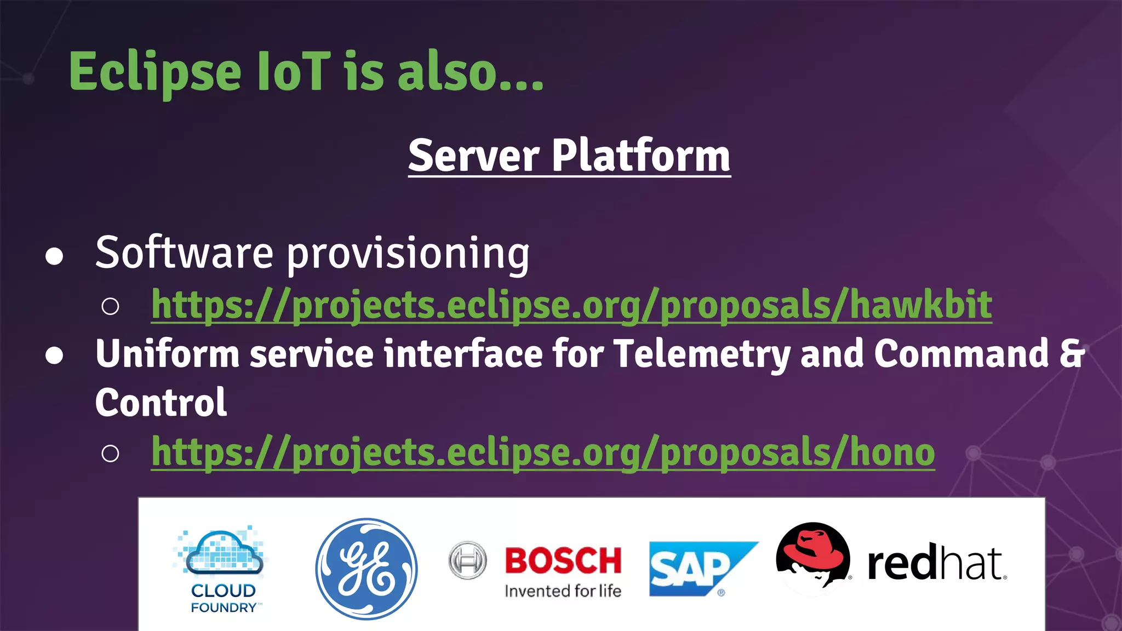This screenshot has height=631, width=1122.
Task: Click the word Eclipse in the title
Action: point(155,73)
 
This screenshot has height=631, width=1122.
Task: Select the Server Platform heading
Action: point(569,156)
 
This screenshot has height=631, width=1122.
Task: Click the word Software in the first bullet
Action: point(184,253)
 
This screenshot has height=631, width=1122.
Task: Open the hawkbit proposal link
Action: point(571,305)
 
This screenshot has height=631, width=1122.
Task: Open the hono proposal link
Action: point(543,452)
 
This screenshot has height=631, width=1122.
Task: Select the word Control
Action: point(161,403)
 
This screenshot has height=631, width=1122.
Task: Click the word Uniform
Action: point(168,354)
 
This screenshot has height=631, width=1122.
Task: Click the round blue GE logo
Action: point(366,569)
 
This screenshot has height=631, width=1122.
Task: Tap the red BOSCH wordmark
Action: point(563,560)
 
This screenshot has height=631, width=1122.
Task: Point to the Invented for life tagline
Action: point(563,591)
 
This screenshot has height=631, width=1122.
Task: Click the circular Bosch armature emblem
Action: point(467,560)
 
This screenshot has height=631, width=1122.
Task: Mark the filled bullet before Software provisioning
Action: point(54,256)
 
